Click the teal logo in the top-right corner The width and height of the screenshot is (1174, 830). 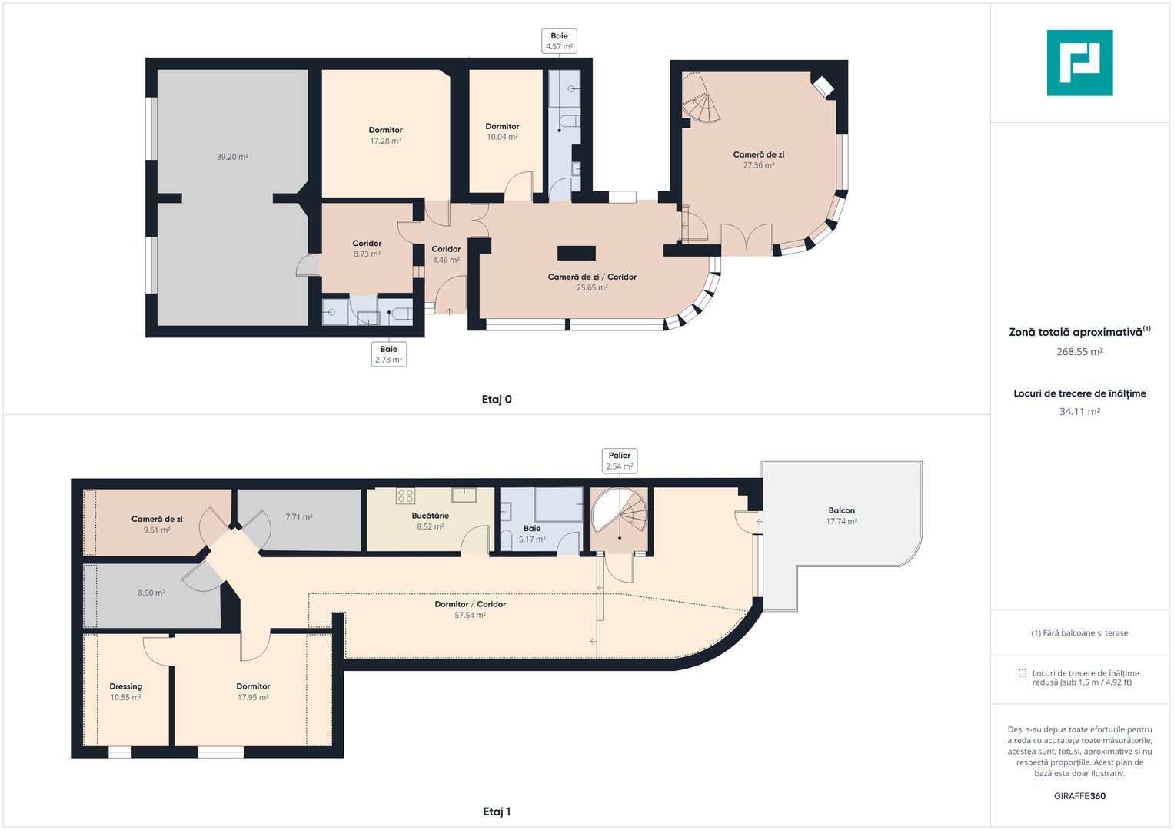pyautogui.click(x=1079, y=63)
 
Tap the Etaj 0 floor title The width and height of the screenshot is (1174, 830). pyautogui.click(x=497, y=400)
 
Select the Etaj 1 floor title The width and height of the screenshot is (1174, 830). pyautogui.click(x=497, y=812)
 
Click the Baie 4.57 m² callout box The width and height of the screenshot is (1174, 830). pyautogui.click(x=559, y=41)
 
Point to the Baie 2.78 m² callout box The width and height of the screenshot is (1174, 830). pyautogui.click(x=389, y=354)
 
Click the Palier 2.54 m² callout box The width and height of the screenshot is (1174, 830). pyautogui.click(x=620, y=461)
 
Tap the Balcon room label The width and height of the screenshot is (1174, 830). pyautogui.click(x=842, y=510)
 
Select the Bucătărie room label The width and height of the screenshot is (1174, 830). pyautogui.click(x=431, y=516)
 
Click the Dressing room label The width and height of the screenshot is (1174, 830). pyautogui.click(x=126, y=686)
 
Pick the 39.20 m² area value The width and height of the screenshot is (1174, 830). pyautogui.click(x=232, y=157)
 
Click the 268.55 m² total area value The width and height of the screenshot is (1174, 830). pyautogui.click(x=1079, y=352)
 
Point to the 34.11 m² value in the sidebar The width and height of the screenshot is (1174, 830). pyautogui.click(x=1079, y=411)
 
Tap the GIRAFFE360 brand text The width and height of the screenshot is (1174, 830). pyautogui.click(x=1079, y=796)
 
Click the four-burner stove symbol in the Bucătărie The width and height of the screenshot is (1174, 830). pyautogui.click(x=406, y=495)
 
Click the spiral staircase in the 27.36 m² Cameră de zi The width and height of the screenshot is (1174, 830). pyautogui.click(x=700, y=98)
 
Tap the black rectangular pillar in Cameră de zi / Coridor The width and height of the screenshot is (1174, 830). pyautogui.click(x=577, y=253)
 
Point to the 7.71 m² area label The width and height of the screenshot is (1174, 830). pyautogui.click(x=299, y=517)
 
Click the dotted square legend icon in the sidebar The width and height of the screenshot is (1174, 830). pyautogui.click(x=1022, y=673)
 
